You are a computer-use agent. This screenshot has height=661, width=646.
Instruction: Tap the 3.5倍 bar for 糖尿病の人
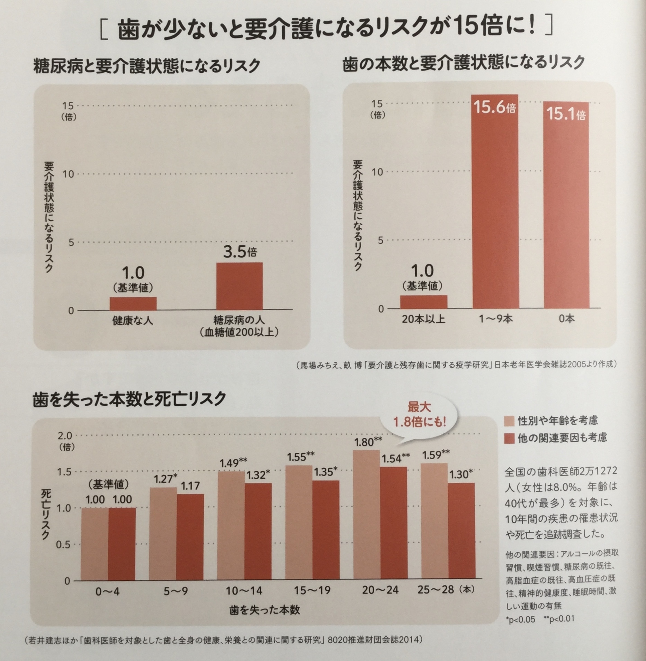pyautogui.click(x=240, y=286)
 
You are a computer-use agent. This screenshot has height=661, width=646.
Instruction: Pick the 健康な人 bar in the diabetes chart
pyautogui.click(x=133, y=303)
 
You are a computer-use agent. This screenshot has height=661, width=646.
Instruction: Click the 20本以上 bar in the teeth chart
pyautogui.click(x=423, y=301)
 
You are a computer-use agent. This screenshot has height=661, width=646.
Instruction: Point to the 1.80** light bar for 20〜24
pyautogui.click(x=367, y=516)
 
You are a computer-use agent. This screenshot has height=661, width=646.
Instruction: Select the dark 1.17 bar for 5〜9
pyautogui.click(x=190, y=537)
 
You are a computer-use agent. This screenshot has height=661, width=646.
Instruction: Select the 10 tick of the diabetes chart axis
pyautogui.click(x=69, y=174)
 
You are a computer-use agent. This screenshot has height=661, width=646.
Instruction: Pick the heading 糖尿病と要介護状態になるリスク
pyautogui.click(x=146, y=66)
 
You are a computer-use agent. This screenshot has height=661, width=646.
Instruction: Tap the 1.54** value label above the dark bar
pyautogui.click(x=395, y=458)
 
